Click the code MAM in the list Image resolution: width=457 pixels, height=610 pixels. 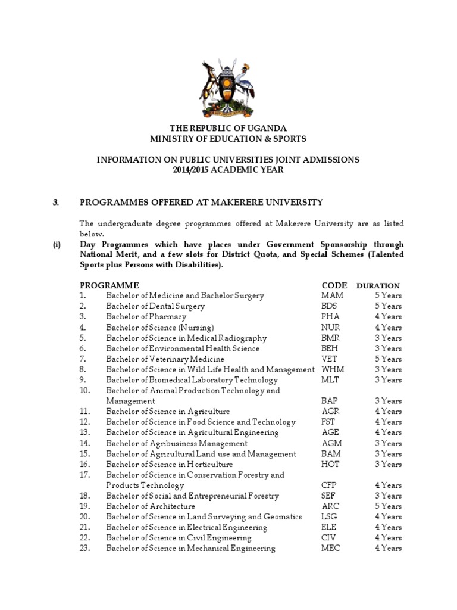[x=332, y=295]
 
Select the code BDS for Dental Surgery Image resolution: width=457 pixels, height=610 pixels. [x=329, y=306]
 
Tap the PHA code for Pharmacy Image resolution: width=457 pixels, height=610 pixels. [x=330, y=317]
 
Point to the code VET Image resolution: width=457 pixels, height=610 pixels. [x=330, y=359]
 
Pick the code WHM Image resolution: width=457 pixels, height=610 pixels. [x=333, y=370]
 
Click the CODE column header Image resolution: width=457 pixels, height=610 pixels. [x=334, y=285]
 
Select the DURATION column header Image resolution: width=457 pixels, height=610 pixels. [x=378, y=286]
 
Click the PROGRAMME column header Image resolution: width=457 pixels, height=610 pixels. [x=109, y=285]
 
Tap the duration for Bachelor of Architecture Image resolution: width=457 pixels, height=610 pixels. [x=388, y=506]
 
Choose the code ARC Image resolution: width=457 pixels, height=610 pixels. [x=330, y=506]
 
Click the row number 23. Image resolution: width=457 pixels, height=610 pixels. [x=84, y=549]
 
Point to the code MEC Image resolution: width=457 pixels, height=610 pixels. [x=331, y=549]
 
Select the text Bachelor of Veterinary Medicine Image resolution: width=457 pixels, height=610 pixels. [x=165, y=359]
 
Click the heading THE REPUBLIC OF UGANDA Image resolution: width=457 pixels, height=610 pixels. [x=228, y=129]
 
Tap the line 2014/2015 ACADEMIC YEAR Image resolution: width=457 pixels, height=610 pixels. [x=228, y=170]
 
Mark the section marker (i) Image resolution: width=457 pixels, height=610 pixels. [x=57, y=245]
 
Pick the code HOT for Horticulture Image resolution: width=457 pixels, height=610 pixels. [x=331, y=465]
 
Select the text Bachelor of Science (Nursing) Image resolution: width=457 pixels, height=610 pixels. [x=159, y=328]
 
